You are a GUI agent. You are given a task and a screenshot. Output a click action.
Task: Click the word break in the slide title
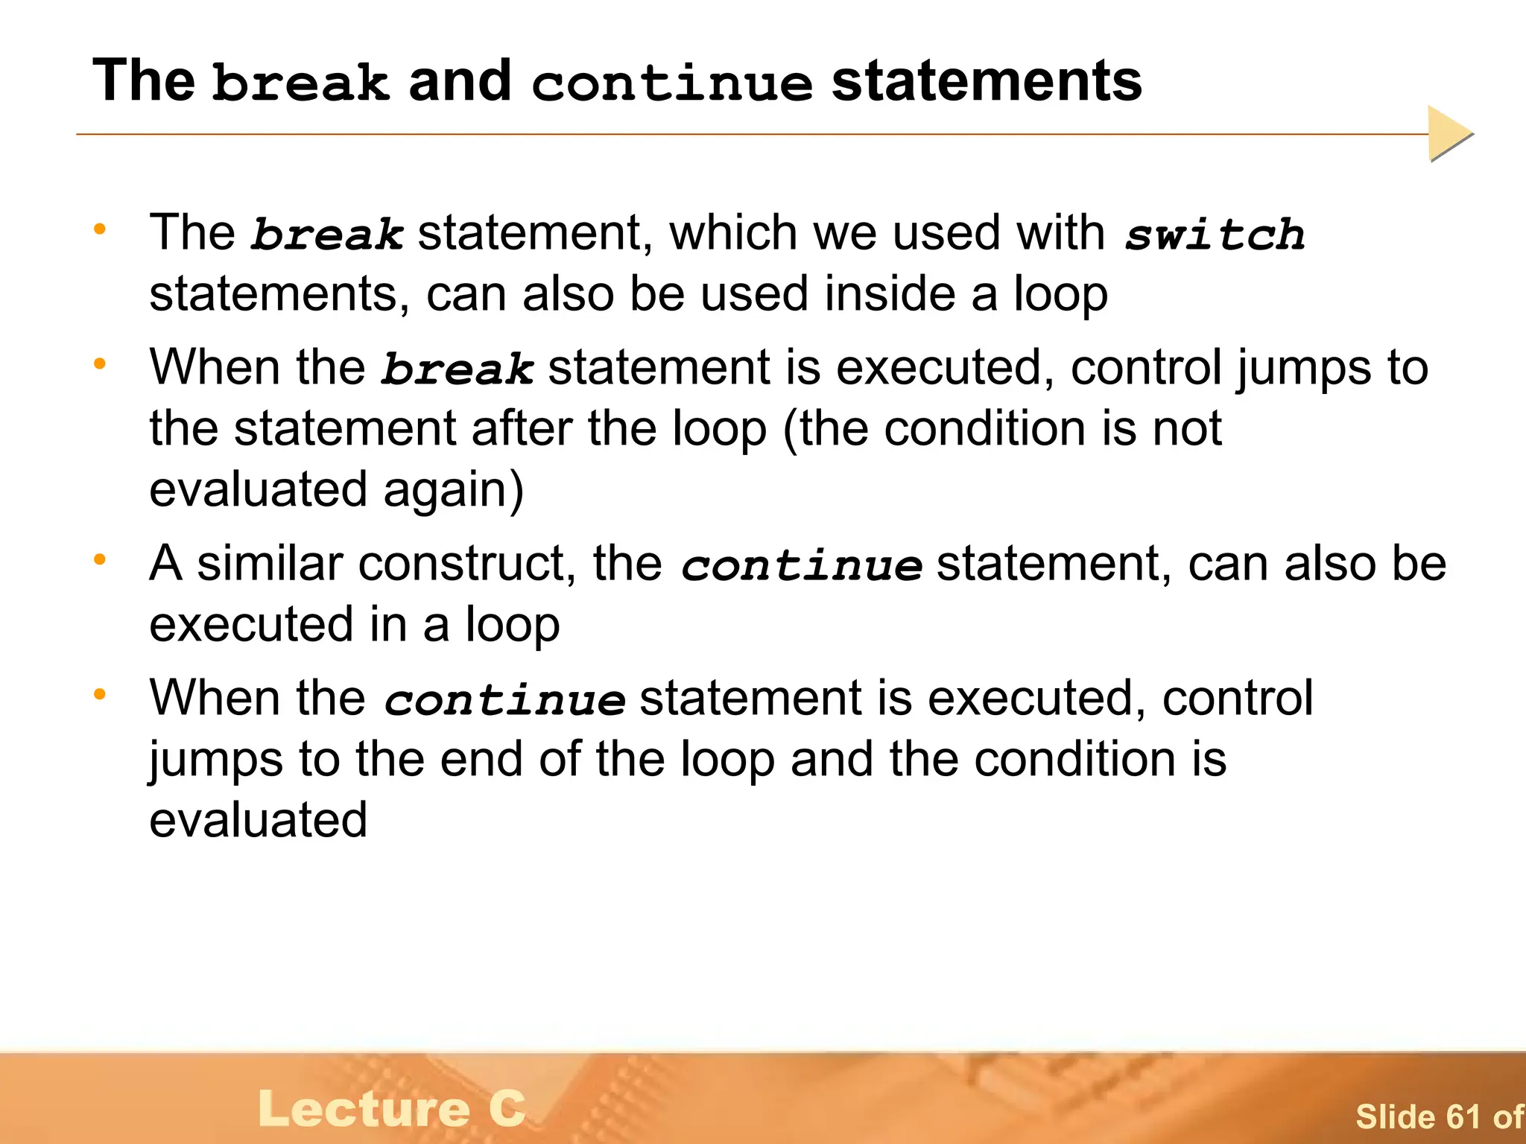pyautogui.click(x=300, y=82)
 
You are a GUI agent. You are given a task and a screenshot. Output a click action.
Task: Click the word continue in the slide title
pyautogui.click(x=671, y=83)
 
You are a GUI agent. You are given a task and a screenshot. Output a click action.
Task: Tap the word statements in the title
pyautogui.click(x=987, y=80)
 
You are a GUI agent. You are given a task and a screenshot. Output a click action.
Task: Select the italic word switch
pyautogui.click(x=1215, y=235)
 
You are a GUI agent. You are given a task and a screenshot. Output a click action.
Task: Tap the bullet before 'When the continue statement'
pyautogui.click(x=100, y=694)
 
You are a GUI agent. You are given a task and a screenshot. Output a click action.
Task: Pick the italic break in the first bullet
pyautogui.click(x=327, y=235)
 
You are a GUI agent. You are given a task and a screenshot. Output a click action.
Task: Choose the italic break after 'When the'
pyautogui.click(x=458, y=369)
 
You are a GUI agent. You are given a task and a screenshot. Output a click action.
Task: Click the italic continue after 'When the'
pyautogui.click(x=504, y=700)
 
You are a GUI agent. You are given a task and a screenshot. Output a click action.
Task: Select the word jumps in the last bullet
pyautogui.click(x=216, y=760)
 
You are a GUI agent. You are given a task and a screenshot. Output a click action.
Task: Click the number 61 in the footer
pyautogui.click(x=1463, y=1116)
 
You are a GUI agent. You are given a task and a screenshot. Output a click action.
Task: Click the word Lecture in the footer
pyautogui.click(x=364, y=1109)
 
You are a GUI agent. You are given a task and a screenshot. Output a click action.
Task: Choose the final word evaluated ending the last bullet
pyautogui.click(x=258, y=820)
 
